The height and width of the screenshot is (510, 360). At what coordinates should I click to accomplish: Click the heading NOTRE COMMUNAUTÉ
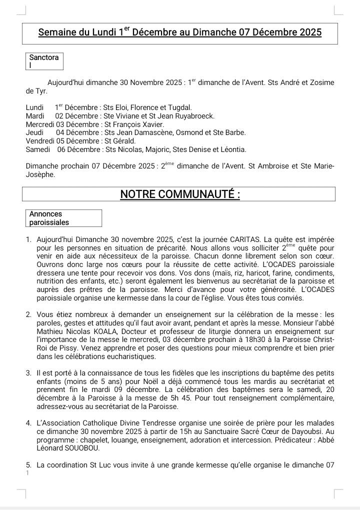click(x=180, y=194)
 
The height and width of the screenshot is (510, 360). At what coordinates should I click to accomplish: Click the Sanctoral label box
click(x=44, y=61)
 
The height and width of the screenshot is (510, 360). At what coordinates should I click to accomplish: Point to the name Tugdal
click(x=178, y=107)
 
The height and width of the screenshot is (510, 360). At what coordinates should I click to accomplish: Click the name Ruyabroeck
click(x=191, y=115)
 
